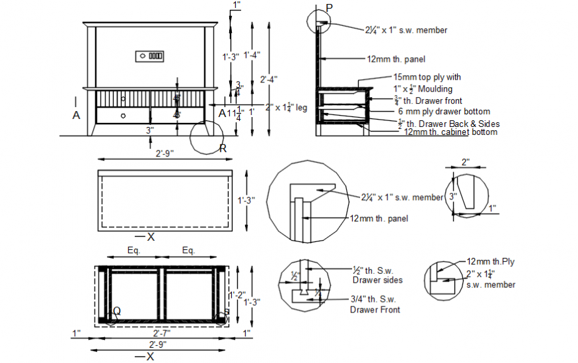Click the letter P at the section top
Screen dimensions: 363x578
[330, 7]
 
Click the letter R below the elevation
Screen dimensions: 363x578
[223, 148]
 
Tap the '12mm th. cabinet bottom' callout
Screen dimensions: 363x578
[450, 132]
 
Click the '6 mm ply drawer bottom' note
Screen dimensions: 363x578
[444, 111]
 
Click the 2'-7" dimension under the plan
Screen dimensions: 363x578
[162, 332]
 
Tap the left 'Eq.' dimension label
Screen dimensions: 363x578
[133, 251]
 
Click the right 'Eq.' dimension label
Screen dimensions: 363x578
[189, 251]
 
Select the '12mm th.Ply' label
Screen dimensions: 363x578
[490, 261]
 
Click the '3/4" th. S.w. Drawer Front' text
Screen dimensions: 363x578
[375, 304]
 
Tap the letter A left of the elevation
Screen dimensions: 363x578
[76, 115]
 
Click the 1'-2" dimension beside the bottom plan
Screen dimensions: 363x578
[237, 295]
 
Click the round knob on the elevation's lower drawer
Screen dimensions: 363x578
[124, 115]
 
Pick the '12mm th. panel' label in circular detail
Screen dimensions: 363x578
[379, 218]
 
